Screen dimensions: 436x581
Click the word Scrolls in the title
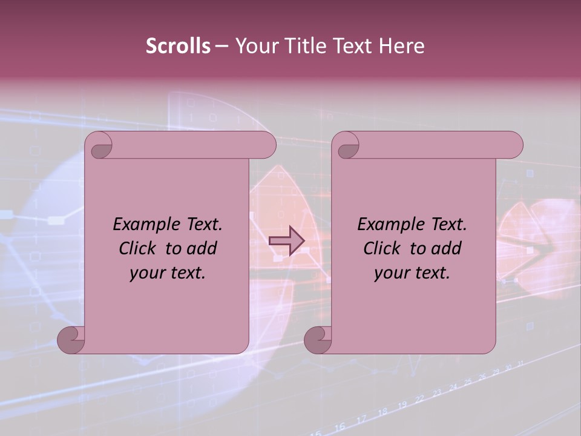pyautogui.click(x=178, y=45)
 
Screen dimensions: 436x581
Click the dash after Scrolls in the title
pyautogui.click(x=222, y=46)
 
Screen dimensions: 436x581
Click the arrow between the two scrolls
pyautogui.click(x=286, y=241)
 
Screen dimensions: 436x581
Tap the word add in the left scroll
pyautogui.click(x=202, y=248)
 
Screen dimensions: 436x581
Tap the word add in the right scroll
pyautogui.click(x=447, y=248)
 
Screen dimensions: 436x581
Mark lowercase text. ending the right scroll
pyautogui.click(x=431, y=273)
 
